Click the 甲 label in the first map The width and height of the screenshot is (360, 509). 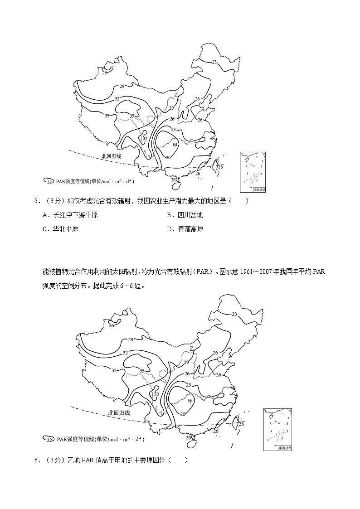175,144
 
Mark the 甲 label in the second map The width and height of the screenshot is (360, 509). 190,401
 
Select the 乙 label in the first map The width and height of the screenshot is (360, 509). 176,95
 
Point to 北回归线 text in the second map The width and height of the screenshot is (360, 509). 119,413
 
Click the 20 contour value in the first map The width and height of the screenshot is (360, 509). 168,157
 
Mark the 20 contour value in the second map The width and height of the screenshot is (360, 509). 183,414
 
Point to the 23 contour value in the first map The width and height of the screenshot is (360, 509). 214,62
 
